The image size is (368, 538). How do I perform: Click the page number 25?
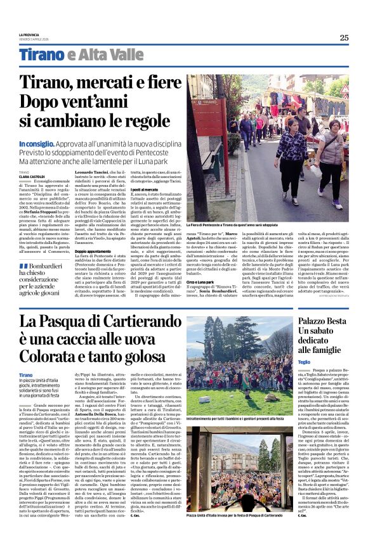[x=344, y=37]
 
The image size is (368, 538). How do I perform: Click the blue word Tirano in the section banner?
[x=42, y=54]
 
